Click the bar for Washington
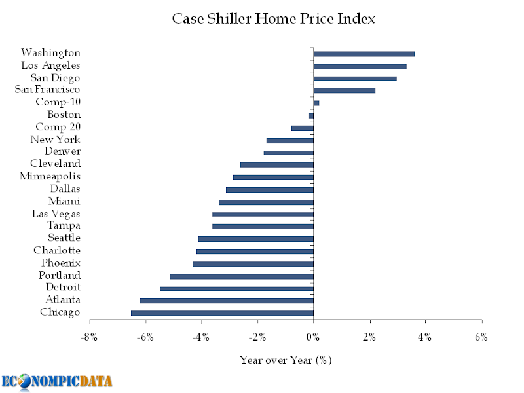point(364,54)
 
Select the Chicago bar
point(222,313)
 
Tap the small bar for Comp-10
point(316,103)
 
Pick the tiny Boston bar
point(311,116)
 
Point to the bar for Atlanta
point(227,301)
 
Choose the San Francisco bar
point(345,90)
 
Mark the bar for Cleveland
point(277,165)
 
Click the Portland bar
point(242,276)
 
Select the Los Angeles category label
point(50,65)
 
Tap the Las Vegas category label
point(56,214)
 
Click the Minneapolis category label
point(50,176)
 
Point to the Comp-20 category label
point(58,127)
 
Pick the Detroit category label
point(63,287)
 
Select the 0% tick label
point(313,337)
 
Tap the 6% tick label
point(481,337)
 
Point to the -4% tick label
point(202,337)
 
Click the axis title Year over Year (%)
point(286,360)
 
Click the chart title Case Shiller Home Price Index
point(274,19)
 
